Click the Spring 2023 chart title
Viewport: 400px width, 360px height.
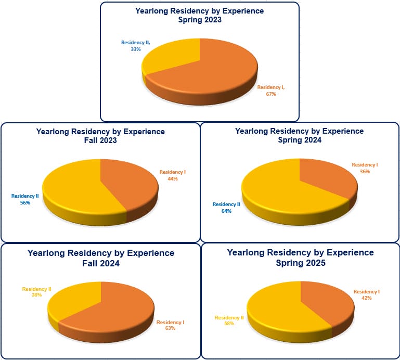click(199, 15)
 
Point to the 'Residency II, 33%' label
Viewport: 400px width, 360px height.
click(135, 46)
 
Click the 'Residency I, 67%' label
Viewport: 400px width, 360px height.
click(271, 91)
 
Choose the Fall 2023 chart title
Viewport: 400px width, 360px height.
click(100, 136)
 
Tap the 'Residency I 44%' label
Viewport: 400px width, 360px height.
click(173, 175)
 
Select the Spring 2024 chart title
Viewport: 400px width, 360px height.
click(299, 135)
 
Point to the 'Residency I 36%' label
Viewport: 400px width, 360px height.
click(365, 168)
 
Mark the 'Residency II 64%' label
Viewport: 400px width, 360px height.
click(226, 208)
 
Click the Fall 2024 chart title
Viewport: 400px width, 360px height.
click(100, 258)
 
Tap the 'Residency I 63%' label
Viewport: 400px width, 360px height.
click(170, 325)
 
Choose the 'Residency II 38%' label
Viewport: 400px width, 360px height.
click(36, 292)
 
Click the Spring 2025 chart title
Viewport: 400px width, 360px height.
click(300, 258)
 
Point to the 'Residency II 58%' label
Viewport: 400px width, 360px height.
click(229, 320)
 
